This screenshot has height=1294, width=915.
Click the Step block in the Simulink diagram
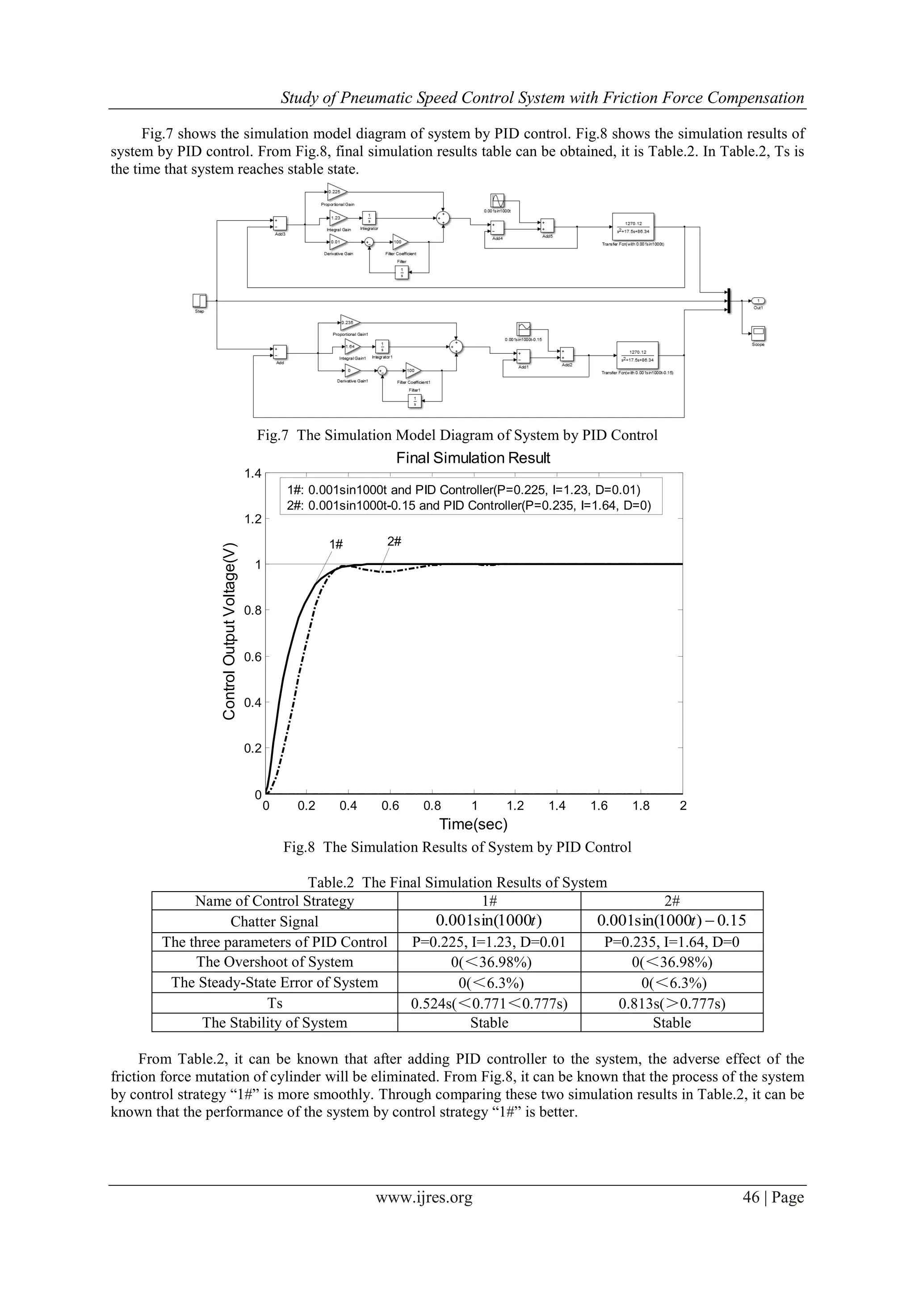(200, 301)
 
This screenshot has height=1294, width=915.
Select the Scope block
(758, 334)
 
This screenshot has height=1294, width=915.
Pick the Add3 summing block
(280, 223)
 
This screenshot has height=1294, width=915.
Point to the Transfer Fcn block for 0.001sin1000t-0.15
(637, 355)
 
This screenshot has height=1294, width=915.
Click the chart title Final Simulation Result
(473, 458)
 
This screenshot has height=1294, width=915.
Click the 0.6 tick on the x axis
(390, 806)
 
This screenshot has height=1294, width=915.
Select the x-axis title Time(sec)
(473, 824)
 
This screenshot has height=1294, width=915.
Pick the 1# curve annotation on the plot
(336, 544)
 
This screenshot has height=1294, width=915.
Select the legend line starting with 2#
(469, 506)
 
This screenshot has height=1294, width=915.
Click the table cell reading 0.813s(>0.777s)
(672, 1003)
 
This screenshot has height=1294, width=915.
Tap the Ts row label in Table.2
(275, 1003)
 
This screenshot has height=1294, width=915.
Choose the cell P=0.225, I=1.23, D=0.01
(489, 942)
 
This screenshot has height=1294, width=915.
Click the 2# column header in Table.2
(672, 900)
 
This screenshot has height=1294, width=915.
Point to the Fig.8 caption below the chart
(457, 847)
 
